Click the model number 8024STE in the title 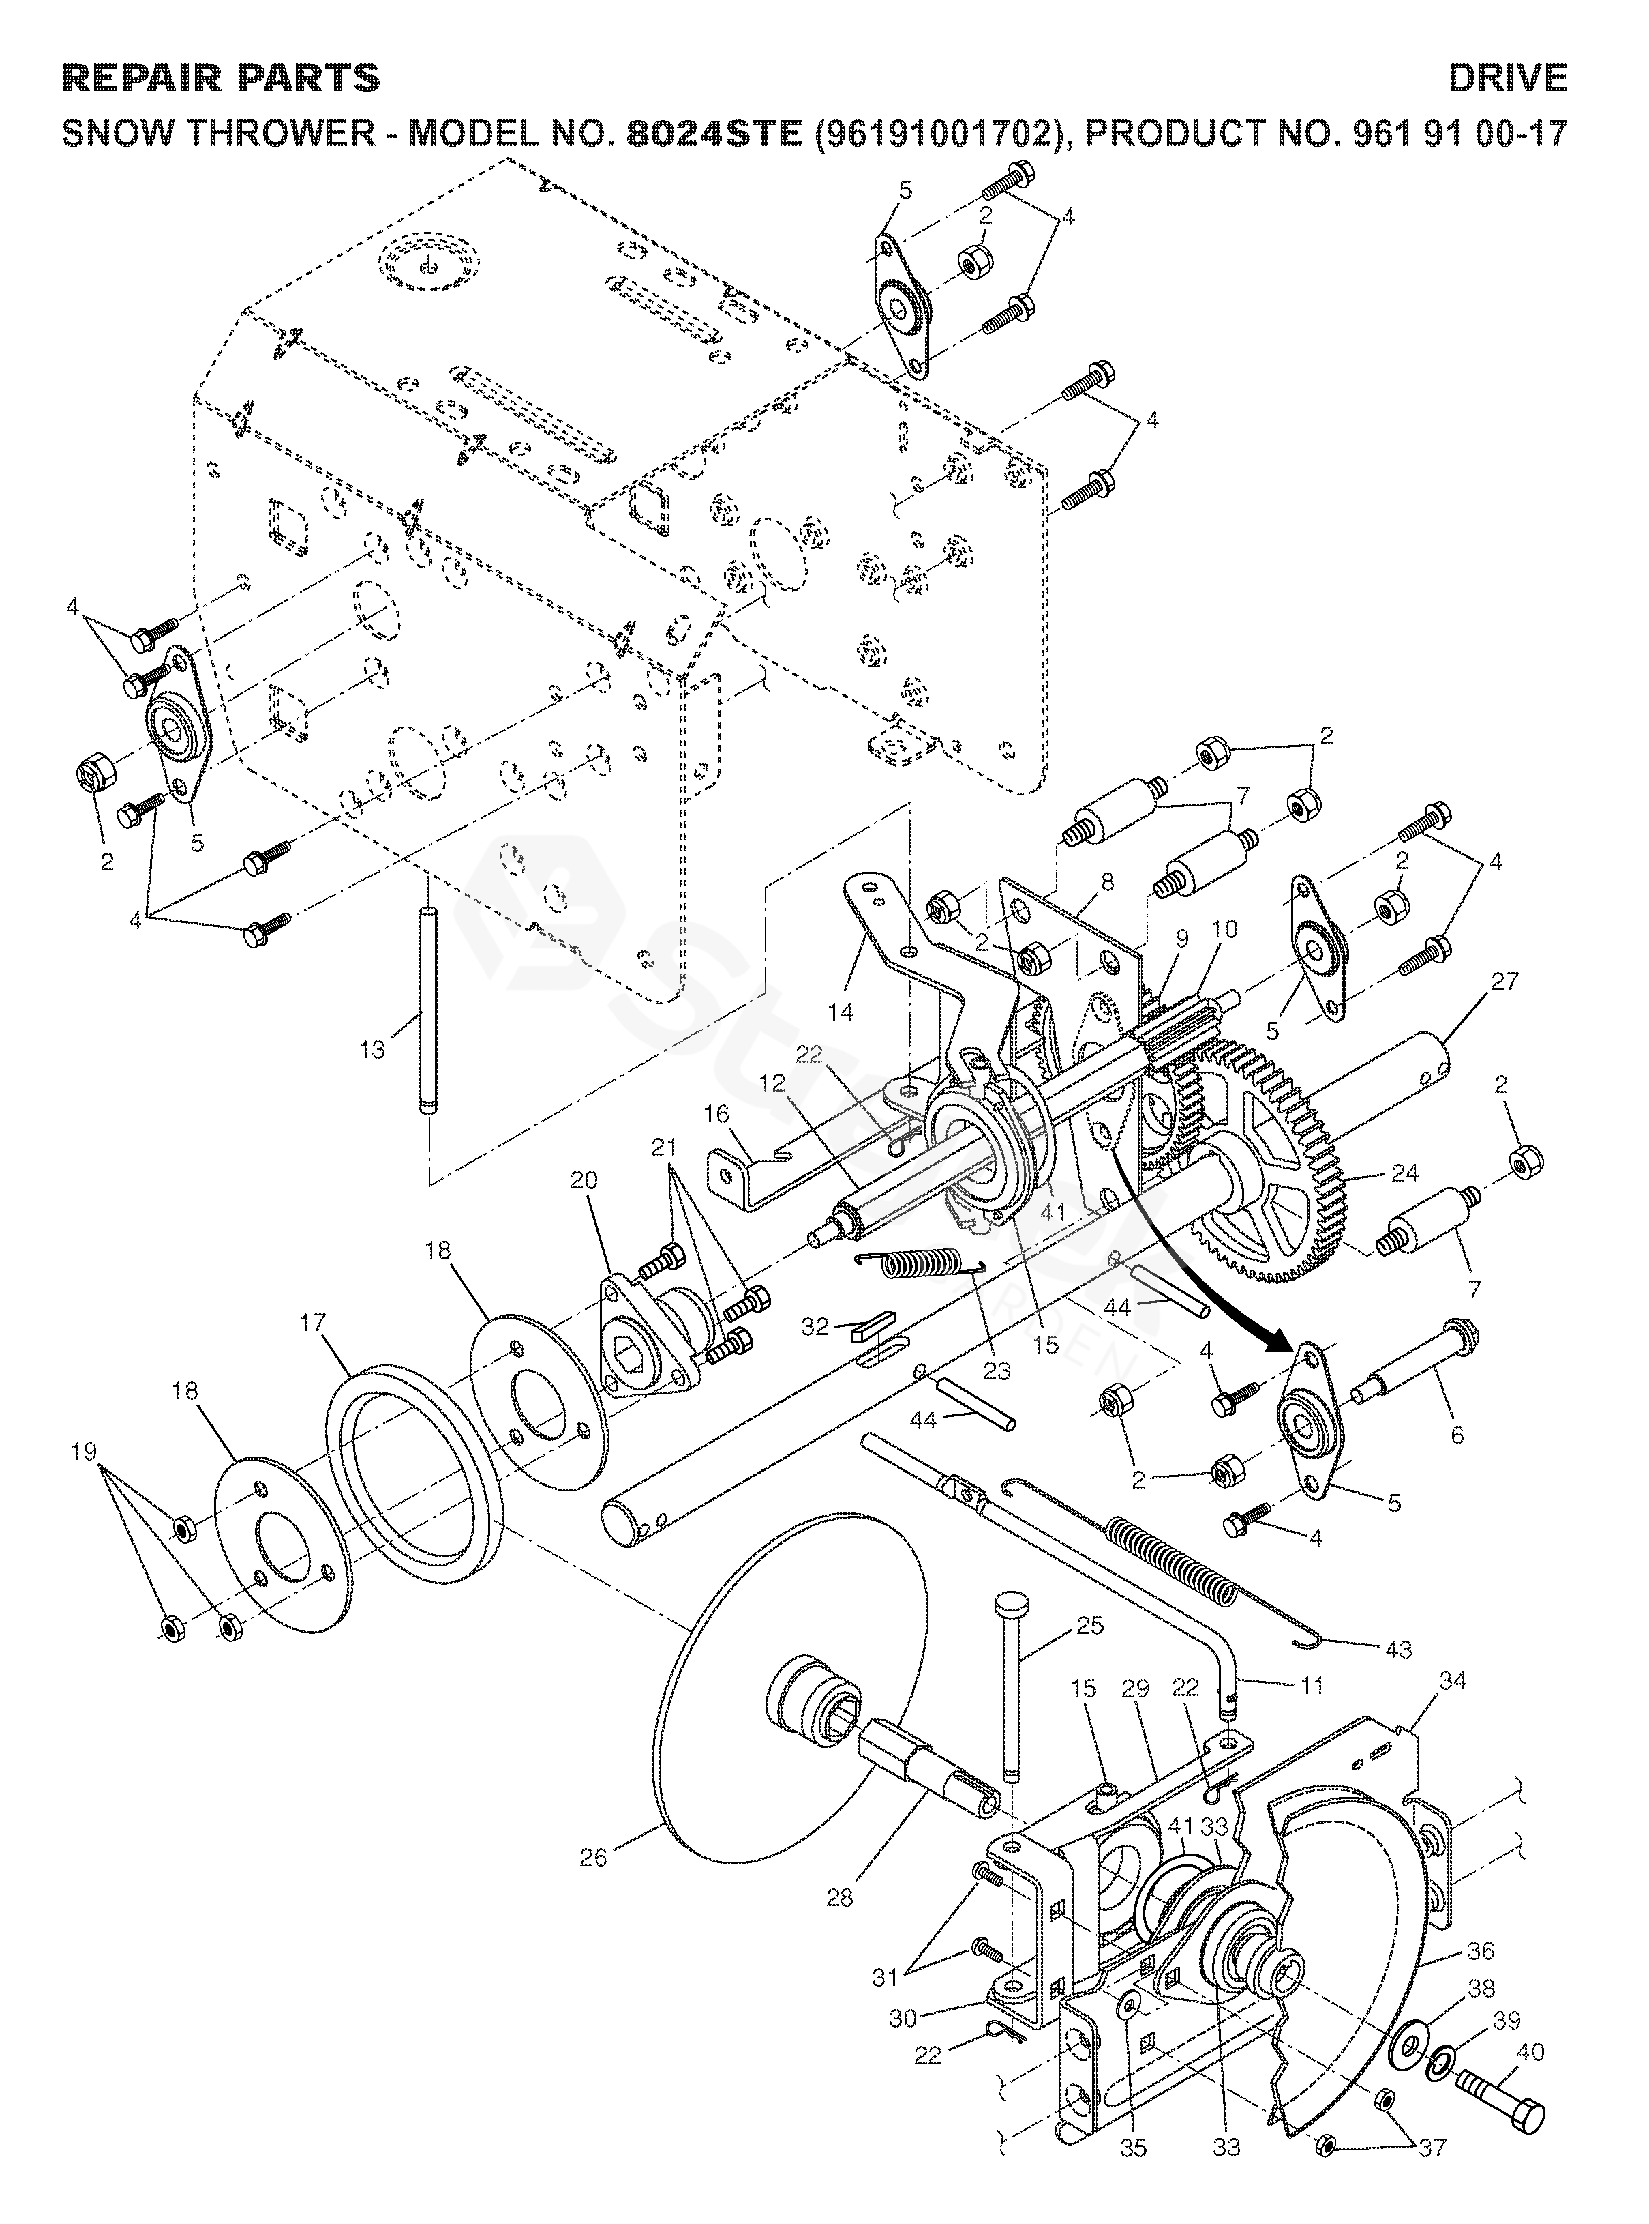pyautogui.click(x=714, y=134)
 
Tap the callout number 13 pyautogui.click(x=372, y=1050)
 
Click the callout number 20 pyautogui.click(x=584, y=1180)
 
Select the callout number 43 pyautogui.click(x=1398, y=1650)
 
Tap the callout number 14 pyautogui.click(x=841, y=1012)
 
